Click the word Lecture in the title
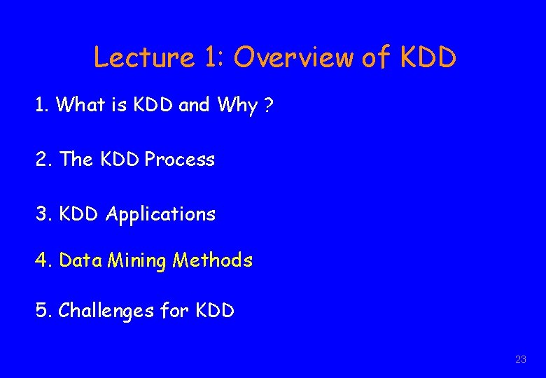(143, 57)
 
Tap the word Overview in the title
(293, 57)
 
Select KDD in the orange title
(428, 57)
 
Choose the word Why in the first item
(237, 106)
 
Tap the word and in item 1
(194, 105)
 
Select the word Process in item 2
(179, 160)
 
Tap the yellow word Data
(80, 260)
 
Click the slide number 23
(520, 359)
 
